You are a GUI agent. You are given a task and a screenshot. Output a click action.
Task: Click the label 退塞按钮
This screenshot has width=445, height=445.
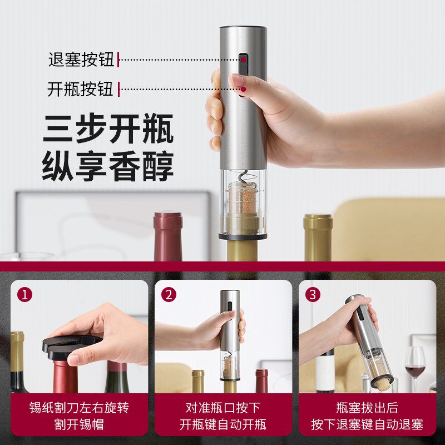point(81,59)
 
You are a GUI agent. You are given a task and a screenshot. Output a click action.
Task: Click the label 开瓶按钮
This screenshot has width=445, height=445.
point(81,89)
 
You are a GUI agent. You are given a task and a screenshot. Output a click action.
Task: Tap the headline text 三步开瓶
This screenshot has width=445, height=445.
point(108,129)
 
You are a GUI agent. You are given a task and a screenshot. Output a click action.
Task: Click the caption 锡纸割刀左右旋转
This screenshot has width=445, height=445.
point(80,408)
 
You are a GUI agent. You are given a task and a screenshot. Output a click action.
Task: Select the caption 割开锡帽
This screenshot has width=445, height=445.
point(80,425)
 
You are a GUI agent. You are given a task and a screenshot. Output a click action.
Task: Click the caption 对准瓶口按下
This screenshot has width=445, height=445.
point(223,408)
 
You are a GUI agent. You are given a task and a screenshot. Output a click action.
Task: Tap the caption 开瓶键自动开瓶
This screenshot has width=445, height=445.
point(223,425)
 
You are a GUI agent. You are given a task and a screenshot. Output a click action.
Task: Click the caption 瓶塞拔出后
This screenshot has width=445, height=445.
point(367,408)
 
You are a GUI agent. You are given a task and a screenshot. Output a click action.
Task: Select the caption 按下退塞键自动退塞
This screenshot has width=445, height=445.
point(367,425)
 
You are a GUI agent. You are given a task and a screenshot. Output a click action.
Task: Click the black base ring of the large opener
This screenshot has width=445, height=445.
point(243,236)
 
